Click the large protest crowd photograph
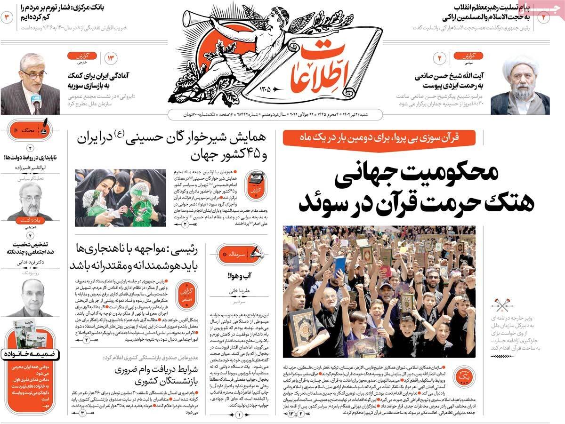point(379,292)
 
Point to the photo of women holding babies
point(121,198)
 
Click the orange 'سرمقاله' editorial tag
point(238,254)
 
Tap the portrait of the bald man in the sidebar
point(31,296)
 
